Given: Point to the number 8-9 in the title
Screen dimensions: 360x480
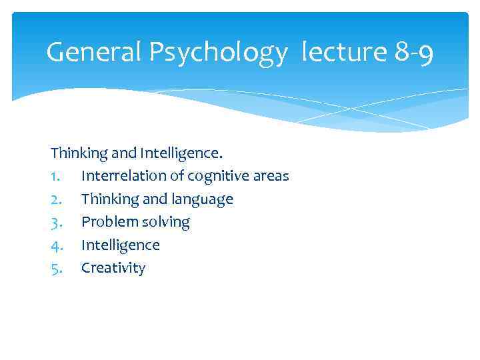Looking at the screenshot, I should click(x=413, y=52).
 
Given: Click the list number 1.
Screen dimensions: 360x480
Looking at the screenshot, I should click(x=55, y=176).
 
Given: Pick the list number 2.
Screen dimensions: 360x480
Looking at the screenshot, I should click(x=56, y=199).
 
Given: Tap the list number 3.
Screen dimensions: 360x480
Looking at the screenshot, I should click(x=56, y=222).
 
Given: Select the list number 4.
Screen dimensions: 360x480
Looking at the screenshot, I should click(x=56, y=245).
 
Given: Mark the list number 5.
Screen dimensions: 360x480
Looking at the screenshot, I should click(x=56, y=268).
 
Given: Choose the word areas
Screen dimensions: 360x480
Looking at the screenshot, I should click(x=272, y=177).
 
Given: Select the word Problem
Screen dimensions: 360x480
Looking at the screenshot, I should click(x=106, y=222).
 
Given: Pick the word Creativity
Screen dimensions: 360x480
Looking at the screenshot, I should click(x=113, y=269).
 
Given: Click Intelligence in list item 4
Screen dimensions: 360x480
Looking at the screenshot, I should click(x=120, y=245).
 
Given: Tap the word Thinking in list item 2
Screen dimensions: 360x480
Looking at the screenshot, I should click(x=107, y=199).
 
